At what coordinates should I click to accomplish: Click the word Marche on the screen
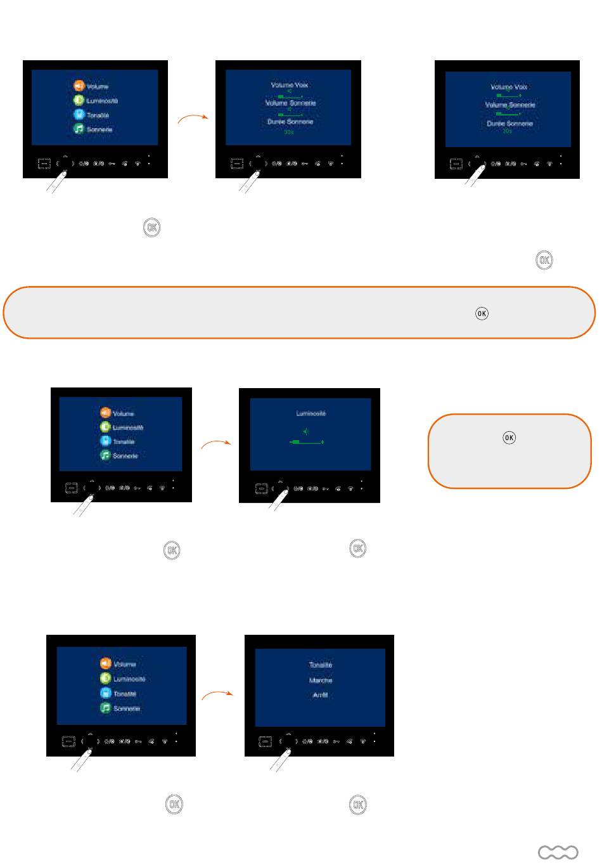321,680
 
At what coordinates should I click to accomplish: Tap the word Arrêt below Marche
320,696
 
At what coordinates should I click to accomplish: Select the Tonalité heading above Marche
321,665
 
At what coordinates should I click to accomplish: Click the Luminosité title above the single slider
311,413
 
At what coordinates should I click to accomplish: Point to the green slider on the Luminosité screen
307,441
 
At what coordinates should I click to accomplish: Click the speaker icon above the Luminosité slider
305,431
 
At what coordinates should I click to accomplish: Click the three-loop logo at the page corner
558,852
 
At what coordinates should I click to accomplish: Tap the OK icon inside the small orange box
509,437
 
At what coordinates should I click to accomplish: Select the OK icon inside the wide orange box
482,313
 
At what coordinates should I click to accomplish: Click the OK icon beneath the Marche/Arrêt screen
357,805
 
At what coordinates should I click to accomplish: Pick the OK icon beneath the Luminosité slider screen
357,549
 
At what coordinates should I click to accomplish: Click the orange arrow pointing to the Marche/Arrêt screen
217,696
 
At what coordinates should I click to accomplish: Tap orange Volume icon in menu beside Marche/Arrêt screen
105,663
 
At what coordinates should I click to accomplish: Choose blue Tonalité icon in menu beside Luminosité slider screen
105,441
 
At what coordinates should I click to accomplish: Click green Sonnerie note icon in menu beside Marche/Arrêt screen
105,708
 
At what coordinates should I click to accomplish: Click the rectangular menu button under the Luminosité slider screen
261,489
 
